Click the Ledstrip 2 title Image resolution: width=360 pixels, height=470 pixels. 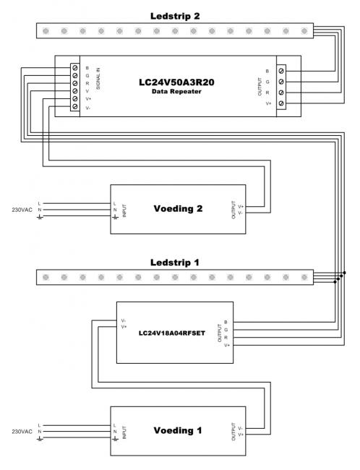pyautogui.click(x=175, y=16)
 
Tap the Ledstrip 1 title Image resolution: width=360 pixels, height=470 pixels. pyautogui.click(x=174, y=262)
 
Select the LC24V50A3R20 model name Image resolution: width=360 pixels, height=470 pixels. pyautogui.click(x=176, y=82)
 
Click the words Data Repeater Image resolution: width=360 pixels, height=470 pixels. pyautogui.click(x=176, y=91)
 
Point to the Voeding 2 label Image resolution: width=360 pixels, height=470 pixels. pyautogui.click(x=178, y=209)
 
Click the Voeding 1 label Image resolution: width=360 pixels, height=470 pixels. pyautogui.click(x=178, y=430)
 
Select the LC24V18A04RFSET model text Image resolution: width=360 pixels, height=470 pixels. pyautogui.click(x=172, y=333)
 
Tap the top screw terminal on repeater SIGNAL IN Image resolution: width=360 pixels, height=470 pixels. pyautogui.click(x=75, y=68)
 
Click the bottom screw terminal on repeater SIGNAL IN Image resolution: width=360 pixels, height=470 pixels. pyautogui.click(x=75, y=106)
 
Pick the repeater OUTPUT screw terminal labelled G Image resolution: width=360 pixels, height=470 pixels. pyautogui.click(x=281, y=82)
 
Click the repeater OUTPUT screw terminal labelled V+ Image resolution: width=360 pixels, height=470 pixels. pyautogui.click(x=281, y=103)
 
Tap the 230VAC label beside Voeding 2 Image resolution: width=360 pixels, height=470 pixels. pyautogui.click(x=22, y=210)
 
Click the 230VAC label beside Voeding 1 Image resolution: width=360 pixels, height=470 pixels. pyautogui.click(x=22, y=432)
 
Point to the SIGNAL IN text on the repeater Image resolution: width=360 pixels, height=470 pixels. pyautogui.click(x=98, y=79)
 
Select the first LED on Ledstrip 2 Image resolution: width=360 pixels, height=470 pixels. pyautogui.click(x=46, y=31)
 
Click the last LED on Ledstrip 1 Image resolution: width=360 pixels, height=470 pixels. pyautogui.click(x=304, y=277)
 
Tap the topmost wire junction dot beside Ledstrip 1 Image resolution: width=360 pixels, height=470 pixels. pyautogui.click(x=344, y=273)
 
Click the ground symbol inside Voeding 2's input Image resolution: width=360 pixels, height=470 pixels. pyautogui.click(x=115, y=216)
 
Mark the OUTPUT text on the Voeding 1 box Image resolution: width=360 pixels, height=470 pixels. pyautogui.click(x=233, y=432)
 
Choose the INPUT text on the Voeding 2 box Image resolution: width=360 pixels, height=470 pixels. pyautogui.click(x=124, y=210)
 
